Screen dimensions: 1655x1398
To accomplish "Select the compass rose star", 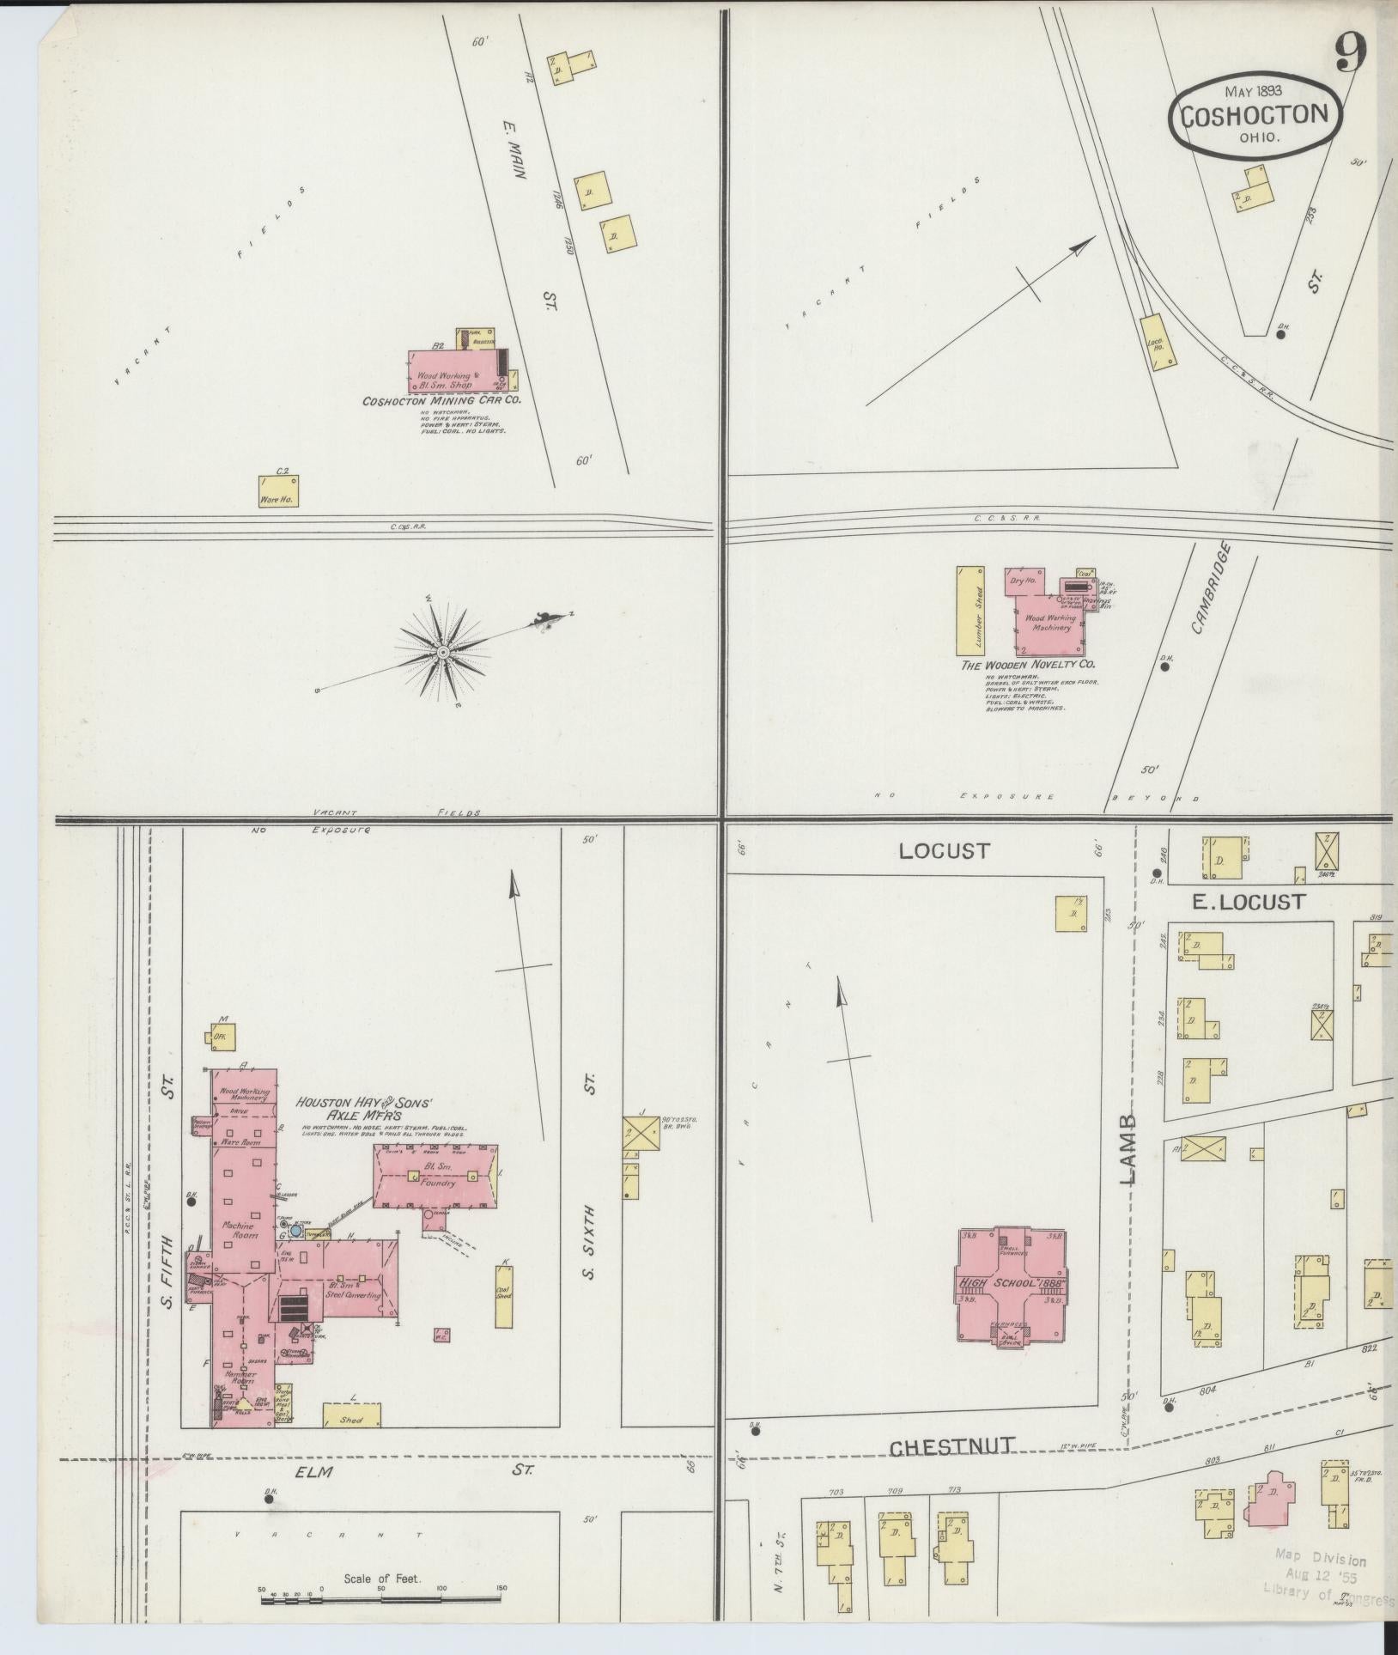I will (442, 654).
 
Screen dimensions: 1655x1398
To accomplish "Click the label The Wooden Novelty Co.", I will (1027, 665).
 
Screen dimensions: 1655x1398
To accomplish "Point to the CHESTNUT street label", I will (951, 1448).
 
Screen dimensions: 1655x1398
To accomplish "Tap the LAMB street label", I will (1128, 1149).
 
